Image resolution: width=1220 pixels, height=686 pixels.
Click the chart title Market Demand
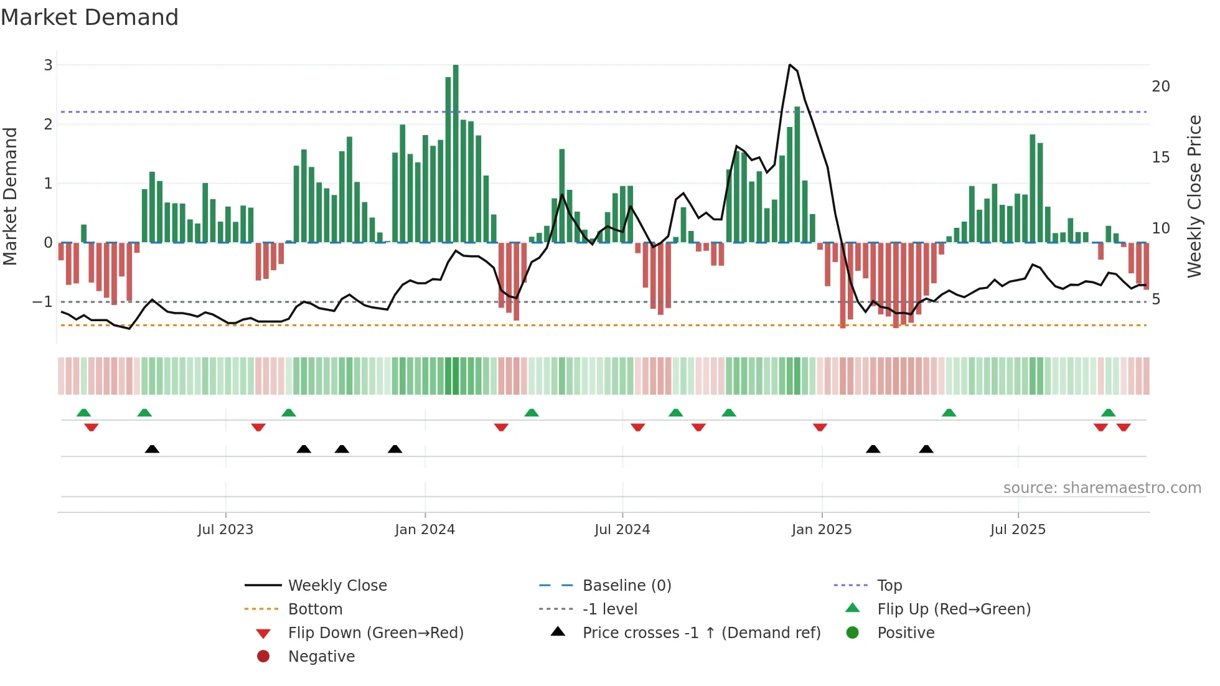tap(90, 17)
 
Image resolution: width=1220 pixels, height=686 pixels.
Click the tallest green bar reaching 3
tap(456, 153)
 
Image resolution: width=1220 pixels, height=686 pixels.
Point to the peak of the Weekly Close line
tap(790, 65)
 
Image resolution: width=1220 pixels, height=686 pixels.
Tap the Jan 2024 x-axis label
tap(425, 530)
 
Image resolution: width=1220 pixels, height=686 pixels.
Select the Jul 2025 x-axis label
tap(1018, 530)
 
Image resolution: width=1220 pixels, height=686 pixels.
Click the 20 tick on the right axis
tap(1160, 87)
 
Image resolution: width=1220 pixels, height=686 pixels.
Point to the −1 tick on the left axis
tap(42, 302)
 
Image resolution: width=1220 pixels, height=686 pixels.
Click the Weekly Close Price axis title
tap(1194, 196)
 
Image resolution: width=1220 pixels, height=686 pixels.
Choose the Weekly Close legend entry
tap(337, 586)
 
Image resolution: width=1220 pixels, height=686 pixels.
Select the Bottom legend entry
tap(315, 609)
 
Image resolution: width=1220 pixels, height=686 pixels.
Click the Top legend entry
tap(889, 586)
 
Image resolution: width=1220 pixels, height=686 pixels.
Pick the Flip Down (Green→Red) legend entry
tap(375, 633)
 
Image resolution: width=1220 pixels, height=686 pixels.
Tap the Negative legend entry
tap(321, 657)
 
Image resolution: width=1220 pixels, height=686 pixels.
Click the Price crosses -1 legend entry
tap(701, 633)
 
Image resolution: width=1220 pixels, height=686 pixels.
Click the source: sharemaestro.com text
tap(1102, 488)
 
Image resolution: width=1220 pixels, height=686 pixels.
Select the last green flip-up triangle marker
tap(1108, 413)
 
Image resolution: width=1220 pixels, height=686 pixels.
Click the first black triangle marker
tap(152, 449)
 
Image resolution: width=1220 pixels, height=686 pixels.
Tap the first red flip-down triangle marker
tap(91, 427)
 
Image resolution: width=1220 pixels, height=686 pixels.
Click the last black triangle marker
tap(926, 449)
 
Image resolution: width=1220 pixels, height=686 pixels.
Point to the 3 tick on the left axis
tap(48, 65)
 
